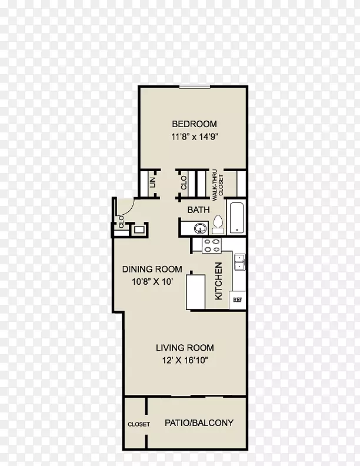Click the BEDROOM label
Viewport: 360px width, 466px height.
[194, 124]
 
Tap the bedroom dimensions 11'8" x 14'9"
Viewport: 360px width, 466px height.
[195, 137]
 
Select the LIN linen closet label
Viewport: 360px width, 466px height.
[153, 182]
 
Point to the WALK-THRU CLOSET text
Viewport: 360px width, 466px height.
[218, 182]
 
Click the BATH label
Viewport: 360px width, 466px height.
[198, 210]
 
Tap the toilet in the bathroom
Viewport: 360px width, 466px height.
[218, 224]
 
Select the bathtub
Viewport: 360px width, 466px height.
[236, 218]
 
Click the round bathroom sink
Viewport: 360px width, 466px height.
[201, 228]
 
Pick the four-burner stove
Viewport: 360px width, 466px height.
[212, 246]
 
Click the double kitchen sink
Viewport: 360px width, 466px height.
[239, 262]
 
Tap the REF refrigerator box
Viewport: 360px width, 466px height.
[237, 300]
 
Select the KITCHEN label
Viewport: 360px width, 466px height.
[218, 281]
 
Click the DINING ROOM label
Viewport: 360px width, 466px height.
[152, 269]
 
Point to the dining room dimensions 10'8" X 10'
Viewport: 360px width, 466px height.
[152, 281]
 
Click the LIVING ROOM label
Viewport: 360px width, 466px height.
[185, 348]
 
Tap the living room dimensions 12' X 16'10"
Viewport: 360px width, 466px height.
[185, 360]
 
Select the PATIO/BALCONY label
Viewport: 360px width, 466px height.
[199, 422]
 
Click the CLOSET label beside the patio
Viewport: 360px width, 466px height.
[139, 424]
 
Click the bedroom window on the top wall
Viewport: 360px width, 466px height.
[195, 86]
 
